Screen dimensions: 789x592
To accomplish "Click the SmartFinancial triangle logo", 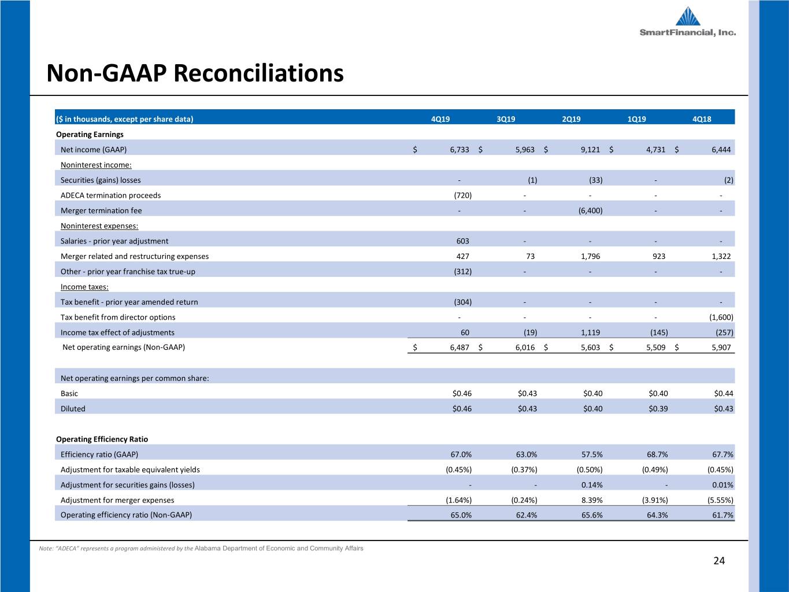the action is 688,16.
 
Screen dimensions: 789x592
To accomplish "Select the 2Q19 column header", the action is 571,119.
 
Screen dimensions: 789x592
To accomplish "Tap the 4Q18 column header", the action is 702,119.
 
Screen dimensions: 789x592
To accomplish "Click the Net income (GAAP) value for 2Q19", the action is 590,150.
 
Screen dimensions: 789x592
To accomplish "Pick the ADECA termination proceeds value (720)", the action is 462,195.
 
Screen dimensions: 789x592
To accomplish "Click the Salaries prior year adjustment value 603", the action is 462,241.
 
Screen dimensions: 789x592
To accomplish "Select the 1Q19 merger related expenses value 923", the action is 659,256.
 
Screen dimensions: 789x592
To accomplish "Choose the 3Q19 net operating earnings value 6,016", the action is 525,347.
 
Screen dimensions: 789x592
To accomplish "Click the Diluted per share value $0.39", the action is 658,409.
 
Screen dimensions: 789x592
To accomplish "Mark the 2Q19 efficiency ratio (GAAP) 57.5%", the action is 592,454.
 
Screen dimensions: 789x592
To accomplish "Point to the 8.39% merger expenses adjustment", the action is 592,500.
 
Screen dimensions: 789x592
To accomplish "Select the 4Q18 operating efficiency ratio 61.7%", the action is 723,515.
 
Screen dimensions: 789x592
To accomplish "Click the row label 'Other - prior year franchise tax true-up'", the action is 128,271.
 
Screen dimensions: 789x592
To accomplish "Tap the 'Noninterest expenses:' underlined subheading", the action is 99,225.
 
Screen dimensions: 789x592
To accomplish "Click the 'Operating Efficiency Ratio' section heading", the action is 102,439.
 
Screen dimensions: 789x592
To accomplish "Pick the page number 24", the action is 719,561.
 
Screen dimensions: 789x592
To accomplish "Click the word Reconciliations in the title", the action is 258,73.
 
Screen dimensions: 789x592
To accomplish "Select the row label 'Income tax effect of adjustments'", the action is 117,332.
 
